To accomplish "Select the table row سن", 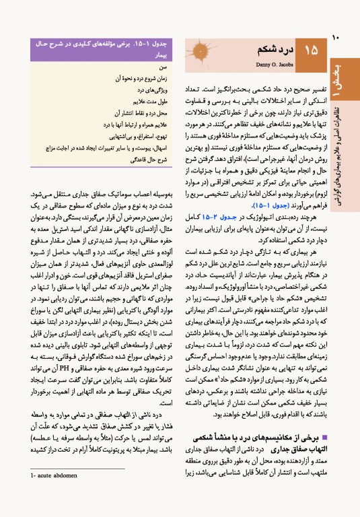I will pos(161,68).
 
